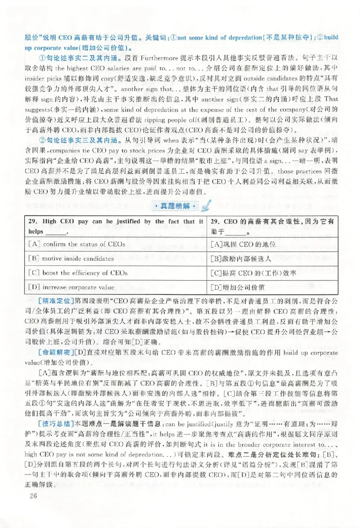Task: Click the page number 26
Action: click(31, 496)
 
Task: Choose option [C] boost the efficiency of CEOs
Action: click(78, 272)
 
